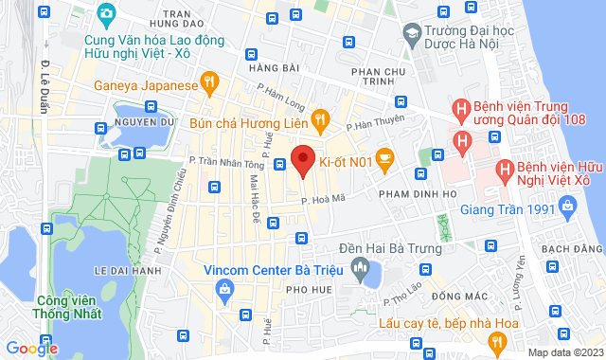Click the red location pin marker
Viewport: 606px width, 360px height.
[x=303, y=160]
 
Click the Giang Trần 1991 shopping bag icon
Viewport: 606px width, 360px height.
[x=567, y=205]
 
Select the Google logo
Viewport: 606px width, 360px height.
[x=32, y=349]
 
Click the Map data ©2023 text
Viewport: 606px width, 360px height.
[x=564, y=352]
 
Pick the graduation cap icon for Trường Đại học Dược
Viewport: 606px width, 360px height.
[x=412, y=35]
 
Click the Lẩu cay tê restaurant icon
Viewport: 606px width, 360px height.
[x=497, y=343]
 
